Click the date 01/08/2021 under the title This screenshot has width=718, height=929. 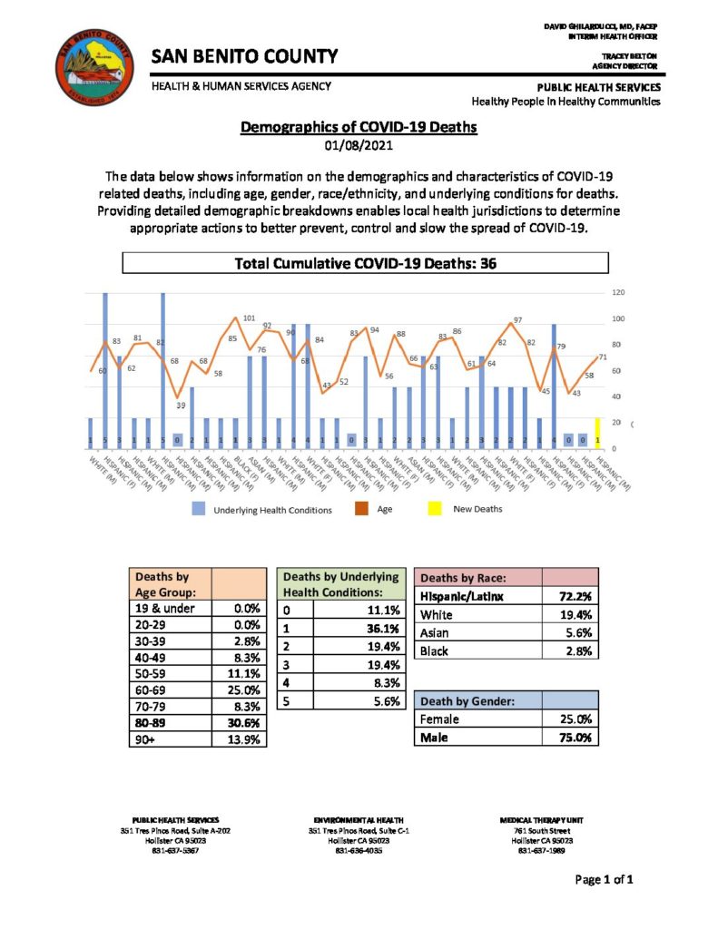coord(359,146)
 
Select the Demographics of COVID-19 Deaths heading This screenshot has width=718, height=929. coord(359,128)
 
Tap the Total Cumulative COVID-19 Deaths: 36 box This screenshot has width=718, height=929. coord(365,264)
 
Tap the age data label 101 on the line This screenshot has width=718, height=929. coord(249,318)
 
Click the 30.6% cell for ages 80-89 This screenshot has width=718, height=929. coord(247,722)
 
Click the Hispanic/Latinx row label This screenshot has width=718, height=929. coord(461,596)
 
